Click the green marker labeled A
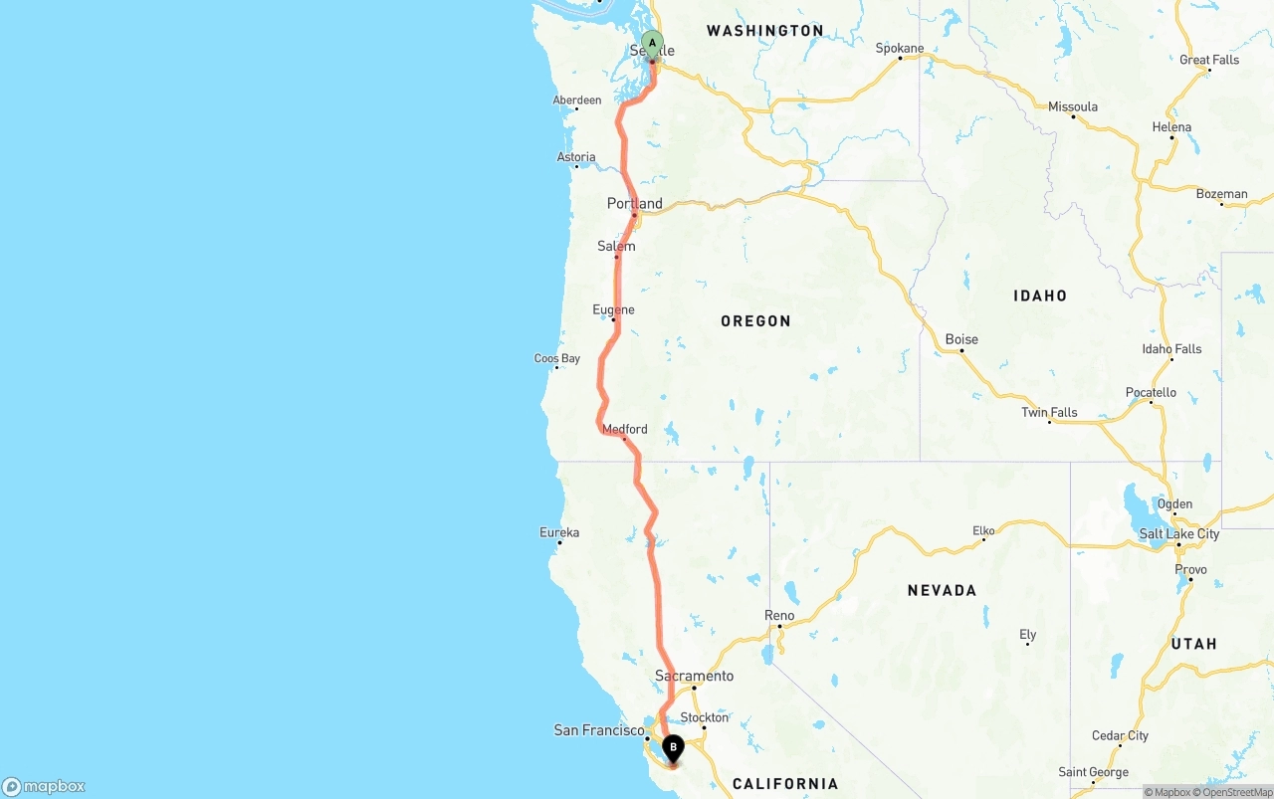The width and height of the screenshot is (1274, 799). point(652,44)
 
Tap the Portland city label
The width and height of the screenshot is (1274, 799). point(634,204)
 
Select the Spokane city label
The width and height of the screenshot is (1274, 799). point(899,48)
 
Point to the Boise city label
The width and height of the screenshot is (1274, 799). point(961,339)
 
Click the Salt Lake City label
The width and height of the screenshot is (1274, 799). point(1178,533)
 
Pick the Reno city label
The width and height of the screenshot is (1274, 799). point(779,615)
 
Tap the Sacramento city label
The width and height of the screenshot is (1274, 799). point(694,676)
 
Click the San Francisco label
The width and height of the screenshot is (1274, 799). point(598,730)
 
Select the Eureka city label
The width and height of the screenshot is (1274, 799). point(558,532)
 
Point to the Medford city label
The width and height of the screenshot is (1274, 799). point(624,429)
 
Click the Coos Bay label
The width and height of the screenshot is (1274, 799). point(556,358)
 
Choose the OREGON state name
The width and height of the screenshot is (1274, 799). point(755,320)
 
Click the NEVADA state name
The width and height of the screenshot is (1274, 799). point(942,590)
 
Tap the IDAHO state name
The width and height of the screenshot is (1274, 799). point(1040,296)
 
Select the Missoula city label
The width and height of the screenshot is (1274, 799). point(1072,106)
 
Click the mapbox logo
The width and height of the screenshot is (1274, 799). point(44,786)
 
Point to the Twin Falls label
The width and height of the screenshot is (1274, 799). point(1049,412)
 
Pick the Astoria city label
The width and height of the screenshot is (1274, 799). point(576,157)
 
